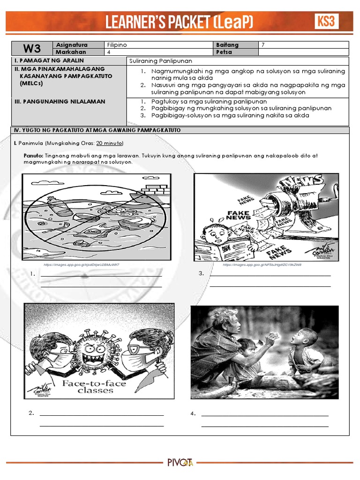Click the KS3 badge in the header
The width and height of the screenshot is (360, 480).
(x=326, y=21)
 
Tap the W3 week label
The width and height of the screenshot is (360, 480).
(x=31, y=48)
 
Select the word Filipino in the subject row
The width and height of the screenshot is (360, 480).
(x=117, y=45)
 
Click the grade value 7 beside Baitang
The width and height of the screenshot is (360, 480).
(x=263, y=45)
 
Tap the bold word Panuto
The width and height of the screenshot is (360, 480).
(x=33, y=155)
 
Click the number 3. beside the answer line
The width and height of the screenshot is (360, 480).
(x=201, y=273)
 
